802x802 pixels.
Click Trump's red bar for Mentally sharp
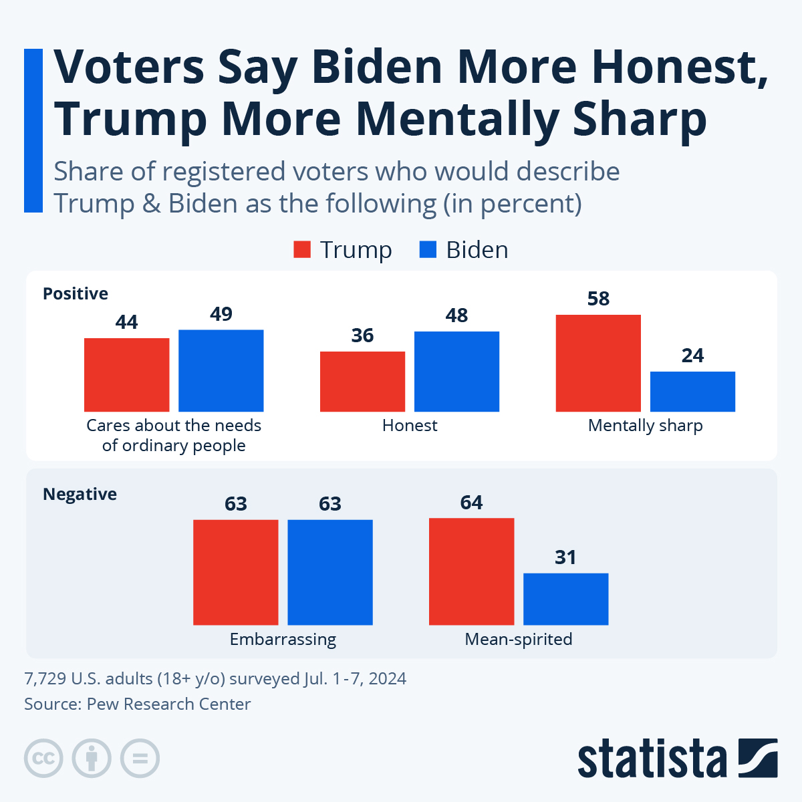coord(598,363)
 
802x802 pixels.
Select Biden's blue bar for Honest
coord(456,371)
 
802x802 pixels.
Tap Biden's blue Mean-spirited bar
coord(565,599)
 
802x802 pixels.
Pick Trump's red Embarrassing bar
coord(235,572)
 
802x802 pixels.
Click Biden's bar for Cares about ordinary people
coord(221,370)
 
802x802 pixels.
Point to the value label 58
coord(598,299)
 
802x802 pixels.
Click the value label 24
coord(692,356)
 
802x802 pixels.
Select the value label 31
coord(565,557)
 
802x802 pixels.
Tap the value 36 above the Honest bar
coord(362,336)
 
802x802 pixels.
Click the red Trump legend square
coord(302,250)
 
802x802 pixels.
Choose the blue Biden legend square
coord(428,250)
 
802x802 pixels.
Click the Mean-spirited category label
coord(519,640)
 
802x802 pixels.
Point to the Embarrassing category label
coord(283,640)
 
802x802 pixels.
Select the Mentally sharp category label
coord(645,426)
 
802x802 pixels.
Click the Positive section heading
coord(76,294)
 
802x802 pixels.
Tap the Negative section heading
coord(80,495)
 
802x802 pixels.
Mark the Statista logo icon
coord(758,758)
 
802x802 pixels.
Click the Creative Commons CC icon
coord(43,759)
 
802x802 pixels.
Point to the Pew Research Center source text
coord(168,704)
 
